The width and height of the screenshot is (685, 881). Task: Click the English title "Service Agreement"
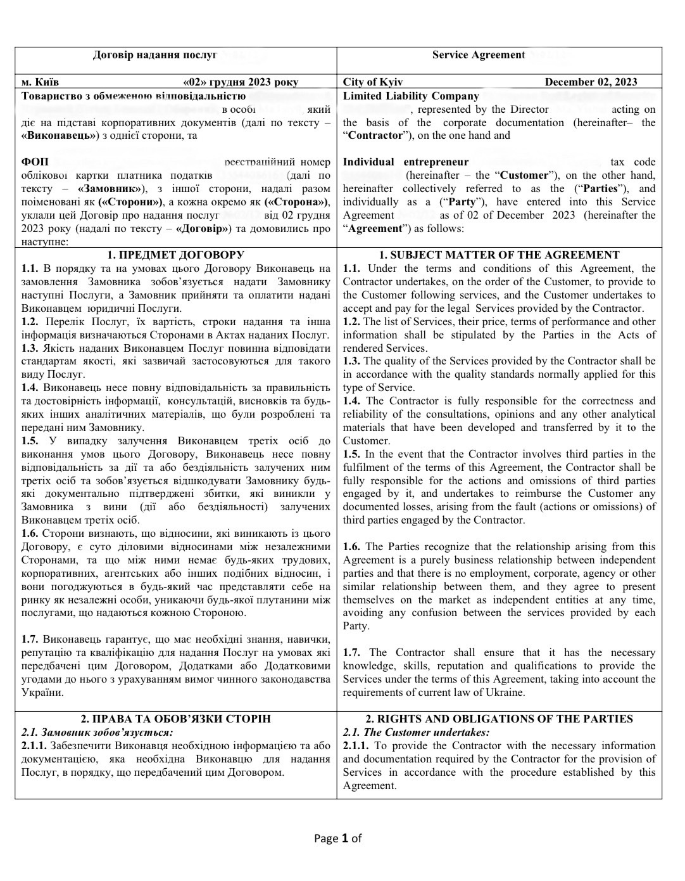click(x=479, y=55)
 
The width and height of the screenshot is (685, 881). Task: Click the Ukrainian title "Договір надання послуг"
click(x=154, y=55)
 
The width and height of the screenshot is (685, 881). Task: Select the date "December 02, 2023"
click(x=591, y=82)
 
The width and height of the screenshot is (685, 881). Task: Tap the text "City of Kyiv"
click(x=372, y=82)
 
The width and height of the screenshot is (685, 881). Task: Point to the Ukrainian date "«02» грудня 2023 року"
click(x=241, y=82)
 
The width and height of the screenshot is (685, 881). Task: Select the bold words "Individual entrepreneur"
click(x=405, y=162)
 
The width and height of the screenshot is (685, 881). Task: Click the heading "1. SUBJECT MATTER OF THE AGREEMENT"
click(x=499, y=255)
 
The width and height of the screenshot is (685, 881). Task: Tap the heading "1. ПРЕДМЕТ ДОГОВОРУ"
click(x=175, y=255)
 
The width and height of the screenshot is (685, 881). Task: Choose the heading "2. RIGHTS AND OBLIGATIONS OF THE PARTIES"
click(x=499, y=719)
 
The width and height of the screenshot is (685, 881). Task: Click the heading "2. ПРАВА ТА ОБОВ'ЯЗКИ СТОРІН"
click(x=175, y=719)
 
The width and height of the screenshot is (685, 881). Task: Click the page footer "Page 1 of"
click(x=338, y=839)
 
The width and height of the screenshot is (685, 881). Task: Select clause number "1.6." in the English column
click(x=353, y=546)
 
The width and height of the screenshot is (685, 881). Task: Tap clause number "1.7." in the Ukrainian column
click(x=30, y=639)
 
